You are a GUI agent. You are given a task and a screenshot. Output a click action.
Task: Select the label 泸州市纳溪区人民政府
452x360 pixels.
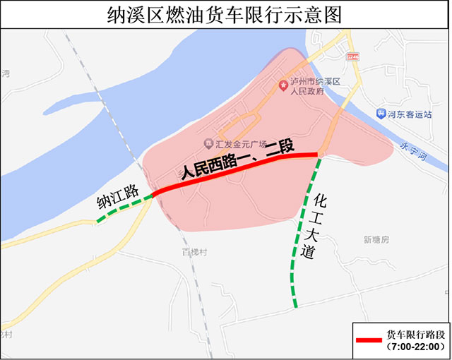pyautogui.click(x=315, y=87)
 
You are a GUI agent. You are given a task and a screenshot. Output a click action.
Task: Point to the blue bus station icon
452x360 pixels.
pyautogui.click(x=380, y=113)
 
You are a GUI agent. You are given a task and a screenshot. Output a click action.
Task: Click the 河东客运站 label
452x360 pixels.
pyautogui.click(x=408, y=113)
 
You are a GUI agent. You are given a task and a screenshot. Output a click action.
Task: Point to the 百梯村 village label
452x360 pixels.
pyautogui.click(x=191, y=251)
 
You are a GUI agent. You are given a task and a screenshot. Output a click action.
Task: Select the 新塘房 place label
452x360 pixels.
pyautogui.click(x=376, y=240)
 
